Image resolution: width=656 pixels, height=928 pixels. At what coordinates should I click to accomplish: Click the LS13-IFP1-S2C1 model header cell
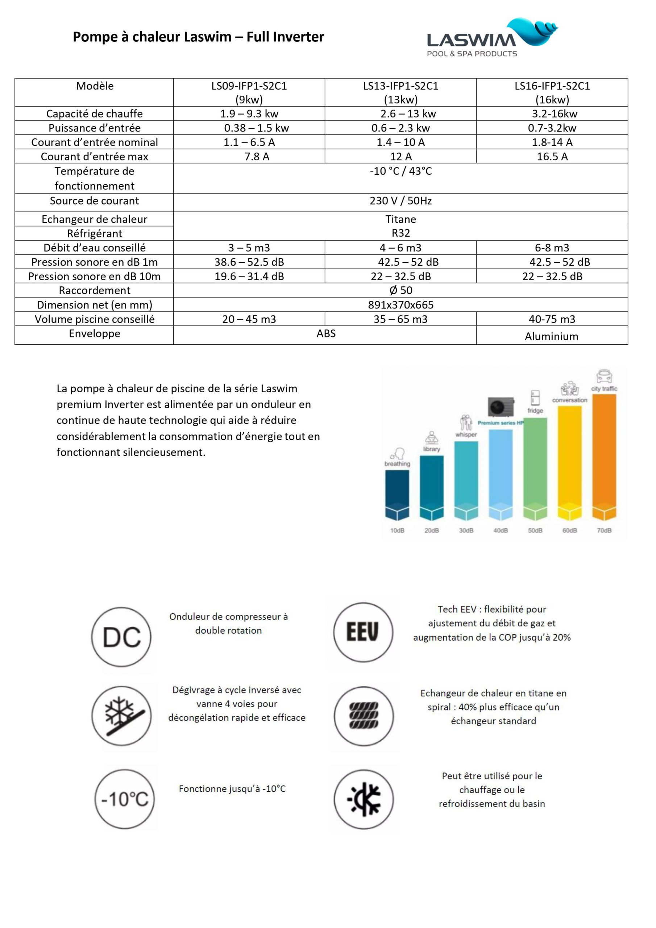click(x=400, y=92)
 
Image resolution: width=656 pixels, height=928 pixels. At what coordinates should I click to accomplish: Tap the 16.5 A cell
click(x=552, y=156)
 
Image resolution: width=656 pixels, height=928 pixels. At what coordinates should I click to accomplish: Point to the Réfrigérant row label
click(x=95, y=233)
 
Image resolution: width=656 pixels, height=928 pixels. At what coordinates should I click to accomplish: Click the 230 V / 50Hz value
click(x=400, y=201)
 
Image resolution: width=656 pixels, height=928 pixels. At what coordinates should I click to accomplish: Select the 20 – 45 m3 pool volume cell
click(x=249, y=319)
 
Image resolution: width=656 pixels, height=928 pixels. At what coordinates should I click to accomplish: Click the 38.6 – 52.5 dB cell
click(x=249, y=262)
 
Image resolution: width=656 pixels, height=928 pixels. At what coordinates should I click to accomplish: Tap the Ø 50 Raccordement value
click(x=400, y=290)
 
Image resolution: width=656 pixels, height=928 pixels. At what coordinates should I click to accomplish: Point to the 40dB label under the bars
click(x=501, y=530)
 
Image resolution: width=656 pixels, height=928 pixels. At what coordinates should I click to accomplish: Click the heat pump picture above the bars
click(x=501, y=406)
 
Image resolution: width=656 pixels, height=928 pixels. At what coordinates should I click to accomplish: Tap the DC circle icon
click(x=121, y=637)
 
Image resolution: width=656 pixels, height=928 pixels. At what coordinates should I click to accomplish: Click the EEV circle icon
click(x=363, y=633)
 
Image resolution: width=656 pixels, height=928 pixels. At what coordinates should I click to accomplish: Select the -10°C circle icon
click(x=124, y=799)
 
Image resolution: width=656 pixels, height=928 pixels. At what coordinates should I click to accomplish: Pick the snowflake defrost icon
click(x=121, y=716)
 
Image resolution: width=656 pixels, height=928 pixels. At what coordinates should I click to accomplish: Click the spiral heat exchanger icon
click(x=363, y=716)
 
